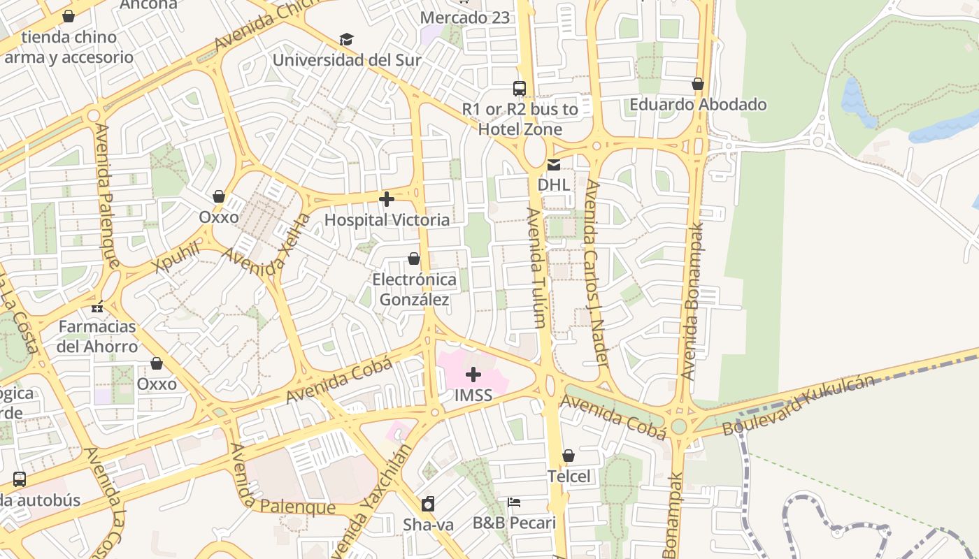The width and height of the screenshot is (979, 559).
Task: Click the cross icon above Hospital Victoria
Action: tap(386, 200)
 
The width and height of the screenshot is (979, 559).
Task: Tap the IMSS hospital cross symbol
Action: tap(473, 375)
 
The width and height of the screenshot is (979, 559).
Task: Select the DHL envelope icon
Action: tap(554, 165)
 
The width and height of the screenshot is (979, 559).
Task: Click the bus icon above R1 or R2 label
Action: tap(519, 89)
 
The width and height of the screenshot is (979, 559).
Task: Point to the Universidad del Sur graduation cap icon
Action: tap(346, 39)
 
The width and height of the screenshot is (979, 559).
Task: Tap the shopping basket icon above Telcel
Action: tap(569, 456)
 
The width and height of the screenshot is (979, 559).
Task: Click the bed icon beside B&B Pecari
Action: tap(514, 502)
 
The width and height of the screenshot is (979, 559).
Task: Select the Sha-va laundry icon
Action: tap(428, 504)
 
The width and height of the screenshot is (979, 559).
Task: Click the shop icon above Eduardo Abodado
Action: tap(697, 84)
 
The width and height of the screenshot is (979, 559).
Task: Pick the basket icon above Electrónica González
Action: tap(413, 259)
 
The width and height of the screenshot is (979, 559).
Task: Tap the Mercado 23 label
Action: tap(465, 17)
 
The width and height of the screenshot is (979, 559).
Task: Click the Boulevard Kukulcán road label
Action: tap(798, 405)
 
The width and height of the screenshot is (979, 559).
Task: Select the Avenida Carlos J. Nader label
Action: tap(596, 273)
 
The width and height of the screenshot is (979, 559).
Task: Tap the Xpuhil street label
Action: tap(177, 258)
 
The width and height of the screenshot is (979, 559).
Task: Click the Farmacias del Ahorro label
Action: tap(97, 336)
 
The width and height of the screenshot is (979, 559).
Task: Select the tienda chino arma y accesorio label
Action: tap(69, 47)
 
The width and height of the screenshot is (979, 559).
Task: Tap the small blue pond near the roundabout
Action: tap(856, 101)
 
